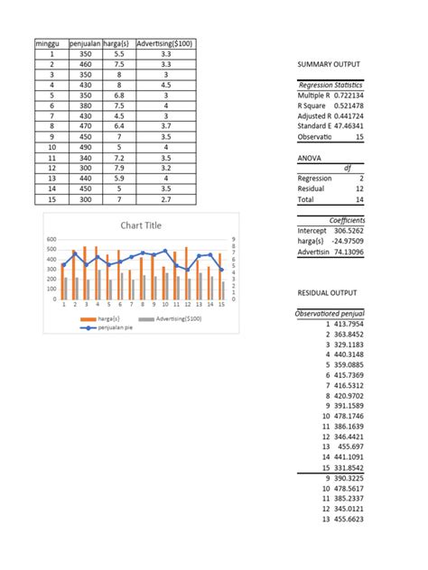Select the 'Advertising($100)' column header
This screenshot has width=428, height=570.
[163, 43]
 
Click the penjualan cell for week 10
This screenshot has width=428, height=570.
[86, 146]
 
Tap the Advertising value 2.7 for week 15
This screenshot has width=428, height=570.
[164, 200]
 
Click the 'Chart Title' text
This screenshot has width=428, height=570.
[140, 225]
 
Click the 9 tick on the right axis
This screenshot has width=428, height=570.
[232, 239]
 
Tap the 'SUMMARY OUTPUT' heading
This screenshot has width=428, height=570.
[328, 66]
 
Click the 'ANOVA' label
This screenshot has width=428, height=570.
[310, 157]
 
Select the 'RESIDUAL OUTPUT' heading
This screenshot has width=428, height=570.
[329, 293]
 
